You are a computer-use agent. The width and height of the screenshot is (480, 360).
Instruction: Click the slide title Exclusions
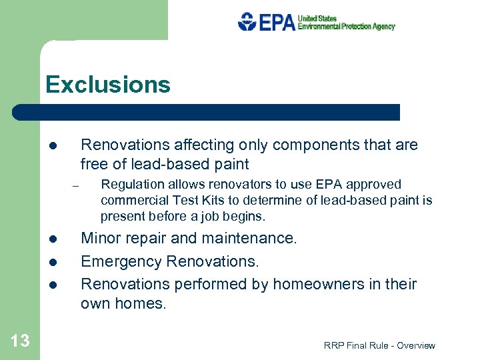point(108,85)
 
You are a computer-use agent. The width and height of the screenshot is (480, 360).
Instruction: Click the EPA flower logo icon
point(247,21)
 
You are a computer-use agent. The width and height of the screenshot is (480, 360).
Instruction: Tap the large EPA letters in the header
point(277,22)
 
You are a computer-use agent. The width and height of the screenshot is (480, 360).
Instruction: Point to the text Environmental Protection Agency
point(346,27)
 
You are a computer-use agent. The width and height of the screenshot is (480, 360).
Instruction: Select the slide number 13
point(20,341)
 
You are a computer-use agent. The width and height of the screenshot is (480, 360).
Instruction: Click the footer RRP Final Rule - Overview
point(379,345)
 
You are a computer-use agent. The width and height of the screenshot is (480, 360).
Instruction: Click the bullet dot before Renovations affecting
point(52,146)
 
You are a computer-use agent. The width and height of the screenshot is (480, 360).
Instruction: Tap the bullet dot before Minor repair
point(52,239)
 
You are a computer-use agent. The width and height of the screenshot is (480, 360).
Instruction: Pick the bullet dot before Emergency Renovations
point(52,262)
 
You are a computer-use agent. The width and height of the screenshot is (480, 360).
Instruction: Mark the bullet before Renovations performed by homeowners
point(52,285)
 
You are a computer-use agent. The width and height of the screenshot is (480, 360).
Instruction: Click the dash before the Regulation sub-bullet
point(77,185)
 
